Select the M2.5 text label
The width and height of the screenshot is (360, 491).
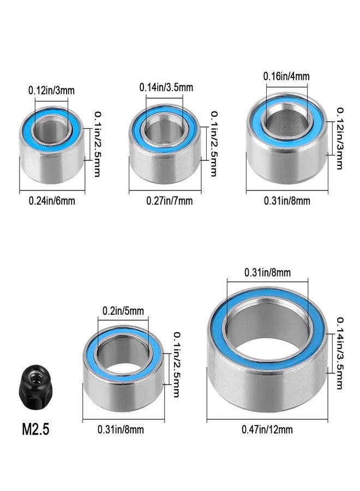(x=35, y=429)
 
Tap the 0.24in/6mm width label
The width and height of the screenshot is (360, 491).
(x=52, y=201)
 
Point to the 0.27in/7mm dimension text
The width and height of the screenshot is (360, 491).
(x=170, y=201)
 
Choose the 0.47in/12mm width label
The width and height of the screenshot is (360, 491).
(x=267, y=429)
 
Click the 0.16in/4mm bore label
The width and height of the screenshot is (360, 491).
(x=286, y=76)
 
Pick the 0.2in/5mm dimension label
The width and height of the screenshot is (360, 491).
(x=123, y=310)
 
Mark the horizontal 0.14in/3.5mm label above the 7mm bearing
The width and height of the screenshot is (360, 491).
(x=166, y=87)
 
